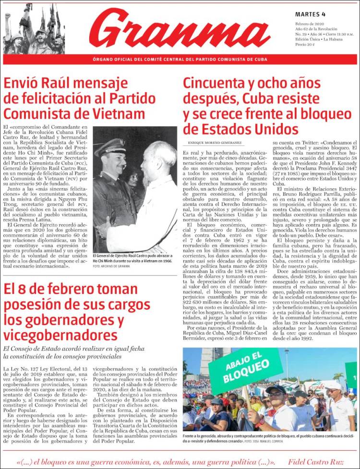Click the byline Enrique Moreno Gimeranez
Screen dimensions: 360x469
[213, 143]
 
